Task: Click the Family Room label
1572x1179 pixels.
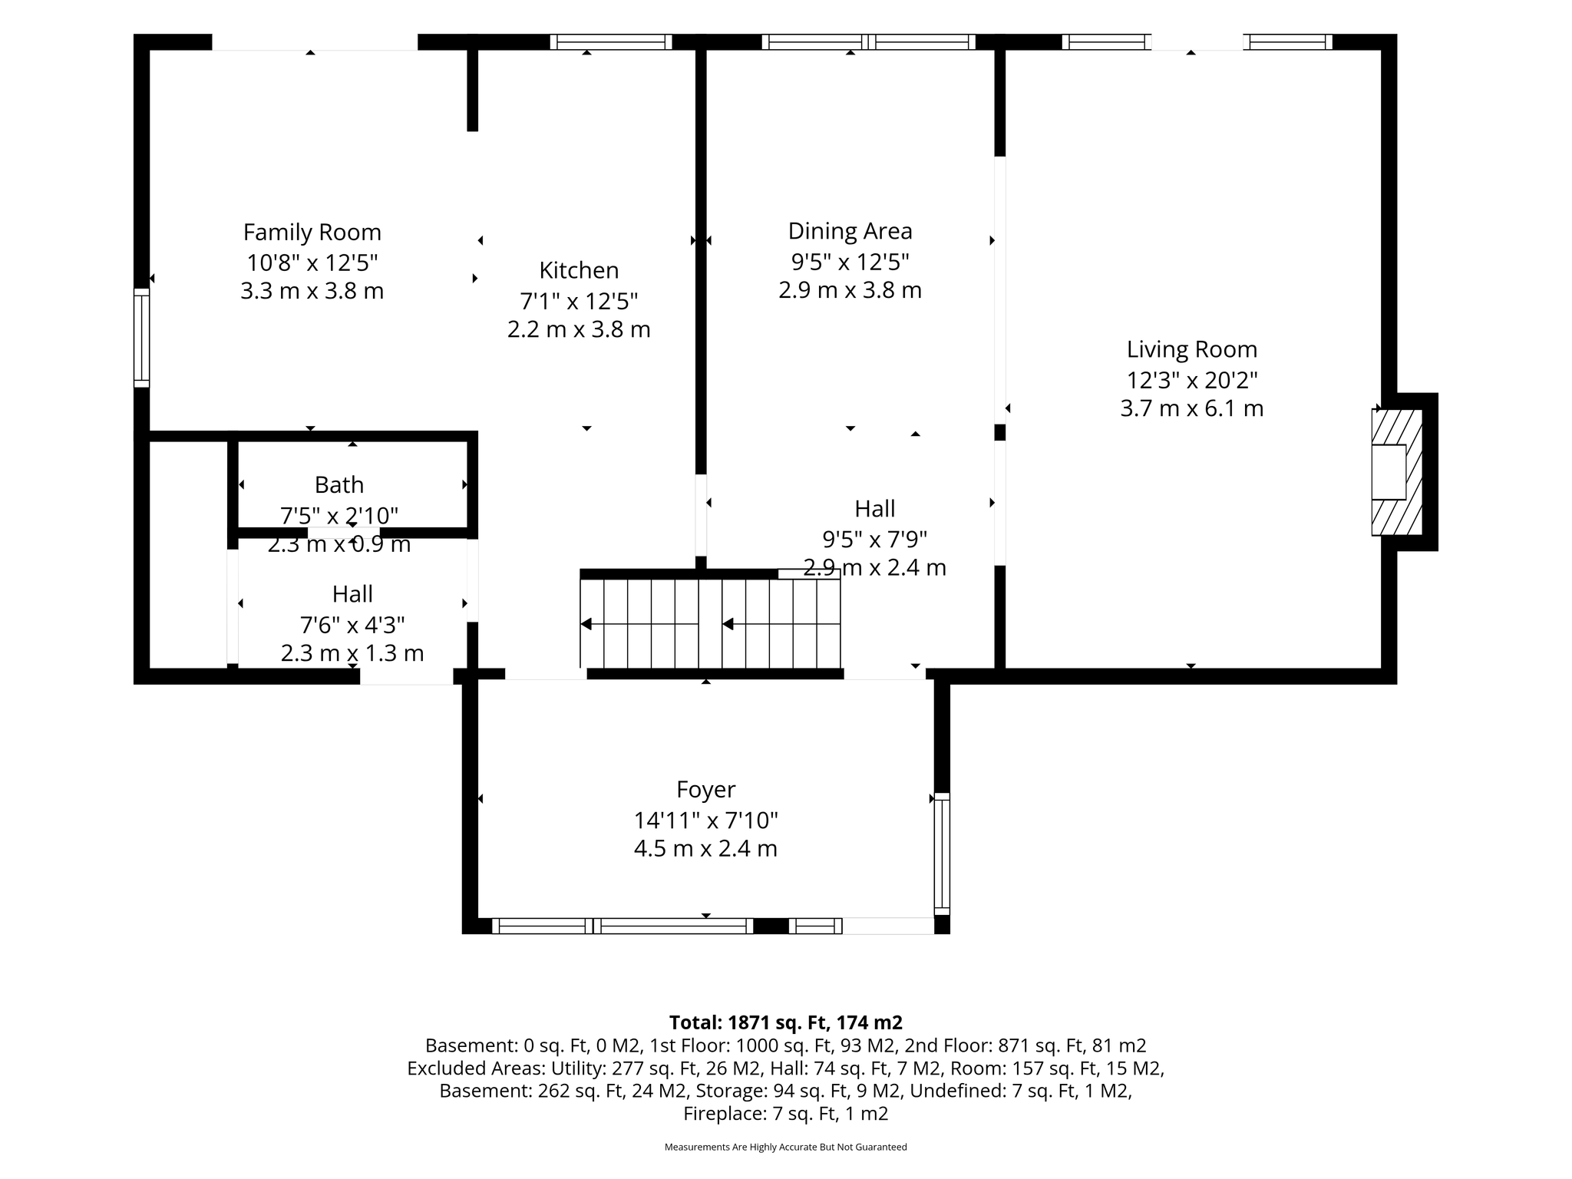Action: (x=312, y=232)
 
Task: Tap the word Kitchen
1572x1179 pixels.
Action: (x=579, y=270)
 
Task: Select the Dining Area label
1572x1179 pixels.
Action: (x=850, y=231)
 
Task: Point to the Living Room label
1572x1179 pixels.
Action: (x=1192, y=349)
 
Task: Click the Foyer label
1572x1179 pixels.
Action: (x=706, y=790)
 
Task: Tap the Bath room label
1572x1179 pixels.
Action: (x=339, y=485)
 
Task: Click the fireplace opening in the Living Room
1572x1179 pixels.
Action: (x=1389, y=472)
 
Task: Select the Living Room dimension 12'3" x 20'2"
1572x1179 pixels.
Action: (x=1192, y=380)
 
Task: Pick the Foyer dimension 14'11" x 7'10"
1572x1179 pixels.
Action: (x=706, y=821)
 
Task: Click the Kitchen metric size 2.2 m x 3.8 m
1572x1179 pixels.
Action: (x=579, y=329)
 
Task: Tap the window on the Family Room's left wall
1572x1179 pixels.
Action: (x=142, y=338)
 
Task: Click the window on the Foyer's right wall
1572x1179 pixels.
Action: (x=942, y=854)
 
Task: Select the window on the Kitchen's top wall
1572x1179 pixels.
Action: (x=611, y=42)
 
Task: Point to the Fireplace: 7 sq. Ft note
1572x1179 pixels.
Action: (x=786, y=1114)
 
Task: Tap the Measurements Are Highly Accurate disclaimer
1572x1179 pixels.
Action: (x=786, y=1147)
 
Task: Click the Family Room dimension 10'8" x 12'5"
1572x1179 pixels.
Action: (x=312, y=263)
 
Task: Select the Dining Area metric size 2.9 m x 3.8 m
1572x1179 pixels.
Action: (x=850, y=290)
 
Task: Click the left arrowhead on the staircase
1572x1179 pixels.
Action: (x=586, y=624)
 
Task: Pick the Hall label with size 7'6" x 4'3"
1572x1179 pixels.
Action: (x=352, y=594)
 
